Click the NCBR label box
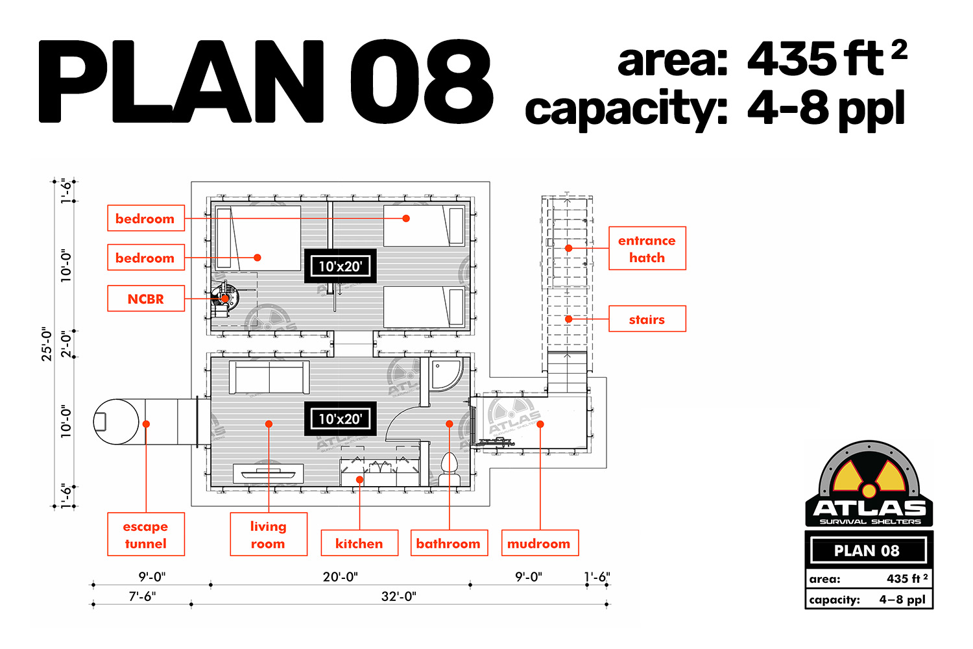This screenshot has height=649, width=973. [x=146, y=299]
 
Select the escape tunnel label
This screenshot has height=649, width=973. [x=146, y=534]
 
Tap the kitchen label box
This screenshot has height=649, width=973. [x=359, y=543]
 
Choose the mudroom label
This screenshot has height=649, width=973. [x=540, y=543]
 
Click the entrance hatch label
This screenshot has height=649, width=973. [x=647, y=248]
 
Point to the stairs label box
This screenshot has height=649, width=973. [x=647, y=319]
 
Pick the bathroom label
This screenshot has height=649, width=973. [x=449, y=543]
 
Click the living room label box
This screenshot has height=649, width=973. [x=269, y=534]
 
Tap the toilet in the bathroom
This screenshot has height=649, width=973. [x=449, y=469]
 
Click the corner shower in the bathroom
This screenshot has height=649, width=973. [x=446, y=374]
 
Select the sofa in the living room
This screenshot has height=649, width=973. [x=269, y=377]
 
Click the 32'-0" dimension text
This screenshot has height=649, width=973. [x=399, y=596]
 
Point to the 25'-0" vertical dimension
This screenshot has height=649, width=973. [x=47, y=344]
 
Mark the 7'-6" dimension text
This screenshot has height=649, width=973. [x=142, y=596]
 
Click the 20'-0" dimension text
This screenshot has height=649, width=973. [x=340, y=577]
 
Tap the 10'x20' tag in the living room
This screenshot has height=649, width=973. [x=341, y=419]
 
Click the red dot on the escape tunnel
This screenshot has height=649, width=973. [x=147, y=424]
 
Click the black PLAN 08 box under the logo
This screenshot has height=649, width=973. [x=869, y=550]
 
